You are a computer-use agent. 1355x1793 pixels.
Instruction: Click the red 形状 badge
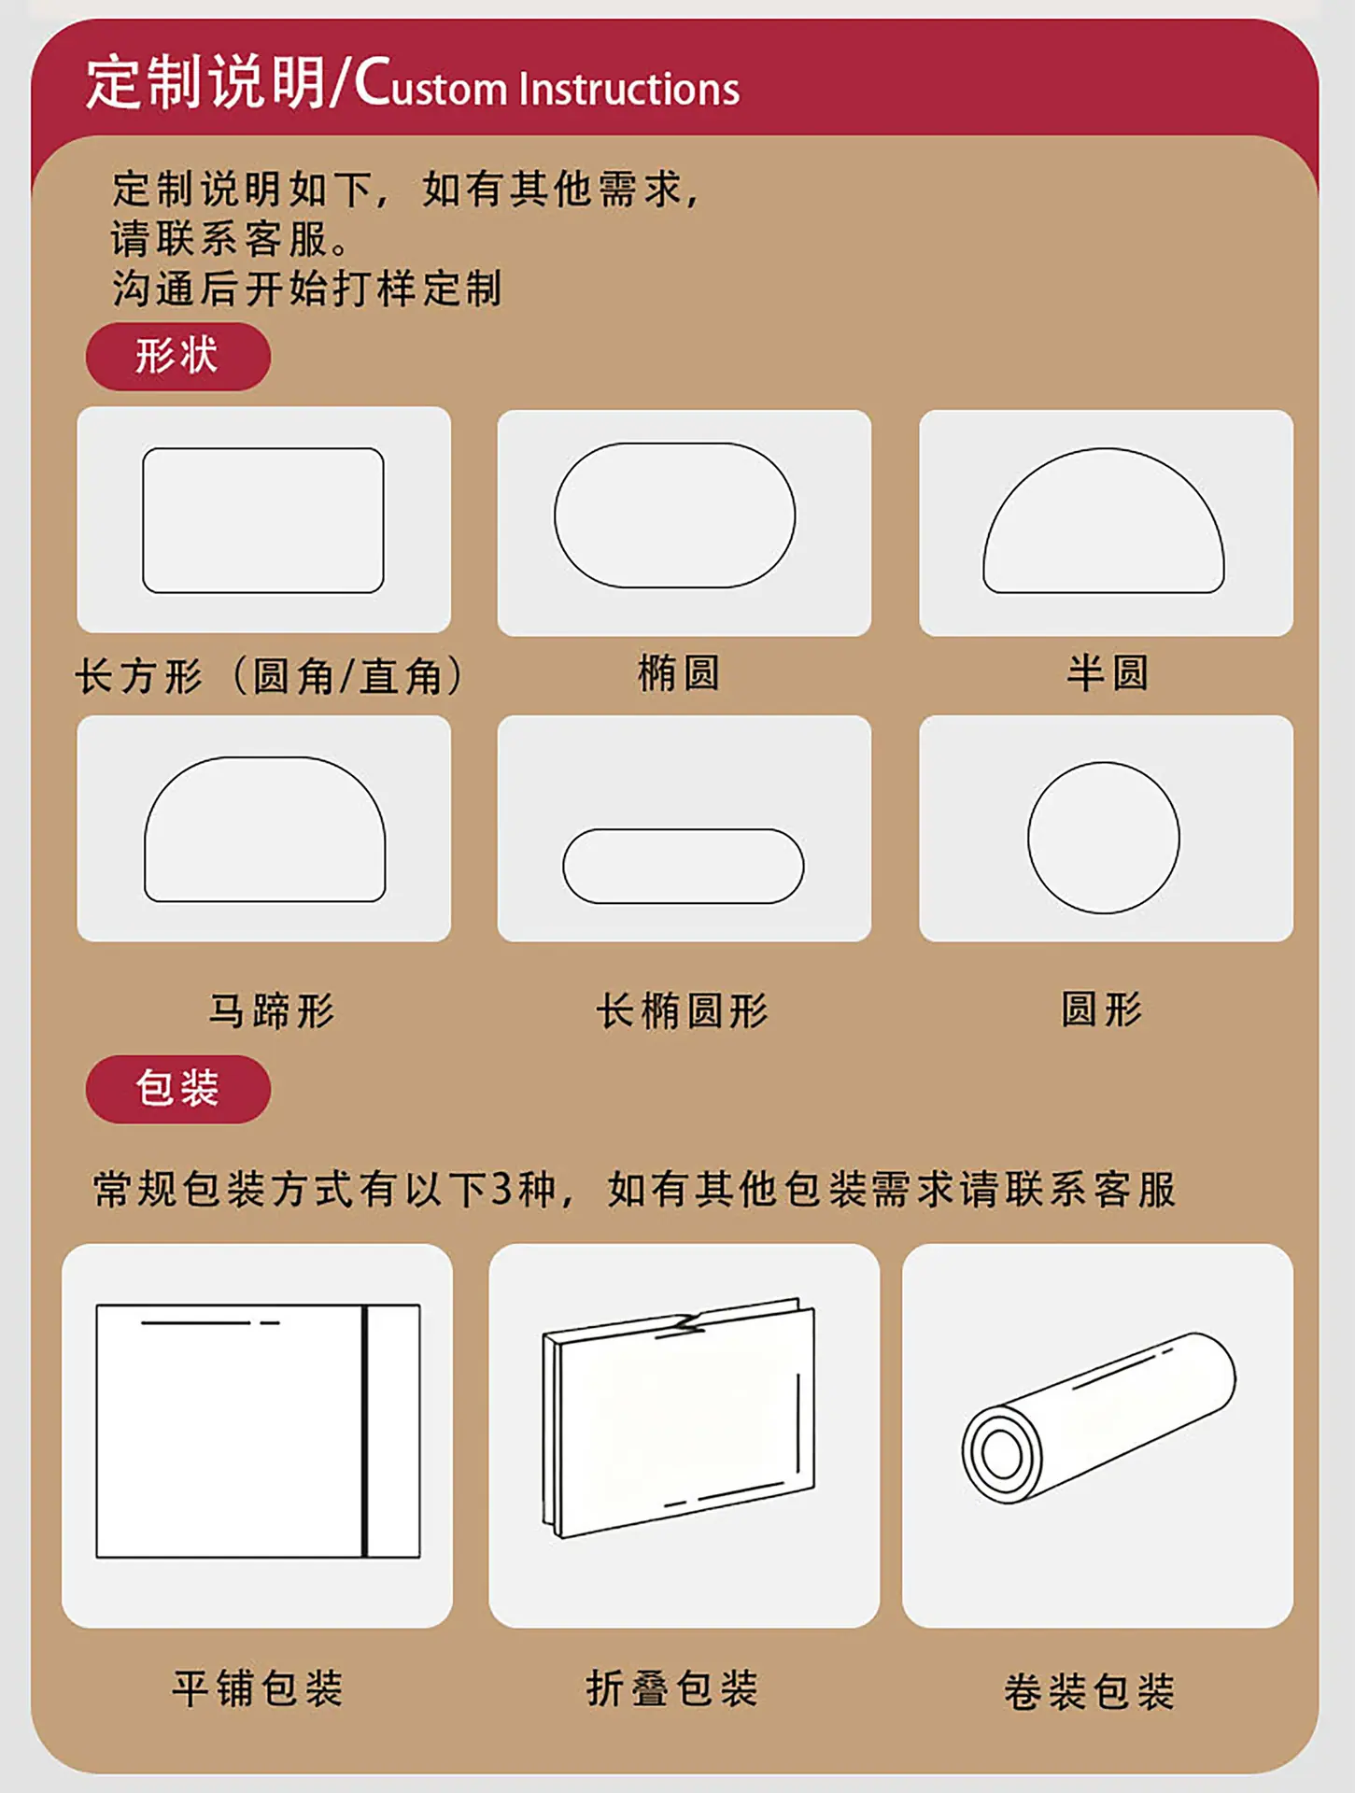tap(177, 357)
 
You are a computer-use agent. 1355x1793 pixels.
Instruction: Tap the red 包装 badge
tap(177, 1089)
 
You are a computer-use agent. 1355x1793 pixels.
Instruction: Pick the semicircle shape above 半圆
tap(1104, 449)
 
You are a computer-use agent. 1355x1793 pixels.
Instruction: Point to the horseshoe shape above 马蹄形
tap(264, 758)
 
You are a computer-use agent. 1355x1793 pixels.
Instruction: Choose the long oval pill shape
tap(683, 829)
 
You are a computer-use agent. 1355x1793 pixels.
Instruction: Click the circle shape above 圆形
tap(1104, 763)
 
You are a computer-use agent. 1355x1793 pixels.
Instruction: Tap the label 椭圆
tap(679, 673)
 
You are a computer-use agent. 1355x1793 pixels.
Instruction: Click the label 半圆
tap(1108, 673)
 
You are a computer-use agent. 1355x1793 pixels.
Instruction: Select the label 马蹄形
tap(272, 1010)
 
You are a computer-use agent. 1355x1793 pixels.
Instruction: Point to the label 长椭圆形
tap(683, 1010)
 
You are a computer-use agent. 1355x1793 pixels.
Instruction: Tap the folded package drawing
tap(679, 1418)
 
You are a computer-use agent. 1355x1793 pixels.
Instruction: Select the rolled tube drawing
tap(1099, 1418)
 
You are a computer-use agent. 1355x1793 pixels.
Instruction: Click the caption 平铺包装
tap(258, 1688)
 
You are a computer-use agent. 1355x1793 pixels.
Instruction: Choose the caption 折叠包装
tap(672, 1688)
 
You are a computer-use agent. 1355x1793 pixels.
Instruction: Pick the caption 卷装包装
tap(1089, 1691)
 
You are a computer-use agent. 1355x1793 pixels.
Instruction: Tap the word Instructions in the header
tap(629, 89)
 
